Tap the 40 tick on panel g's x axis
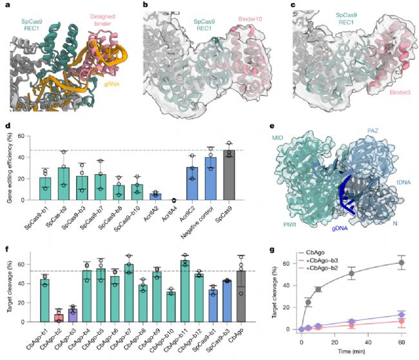[368, 340]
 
